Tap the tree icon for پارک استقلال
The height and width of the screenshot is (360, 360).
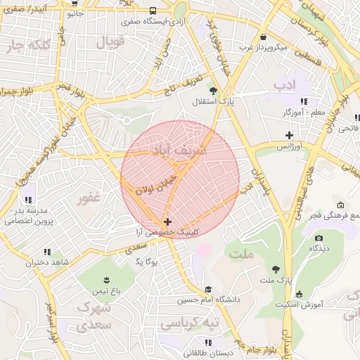coord(213,90)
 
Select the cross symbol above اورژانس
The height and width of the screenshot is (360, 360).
coord(288,135)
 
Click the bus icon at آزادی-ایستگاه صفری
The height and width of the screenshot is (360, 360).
coord(153,11)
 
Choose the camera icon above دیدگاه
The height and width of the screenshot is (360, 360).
coord(318,238)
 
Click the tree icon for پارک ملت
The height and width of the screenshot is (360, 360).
coord(276,269)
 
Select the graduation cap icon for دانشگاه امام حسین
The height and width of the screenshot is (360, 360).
coord(208,289)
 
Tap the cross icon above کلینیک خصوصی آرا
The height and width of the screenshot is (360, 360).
coord(167,221)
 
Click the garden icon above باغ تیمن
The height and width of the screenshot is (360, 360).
coord(106,278)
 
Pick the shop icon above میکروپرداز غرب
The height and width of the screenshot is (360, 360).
coord(263,37)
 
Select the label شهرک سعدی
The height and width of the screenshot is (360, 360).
coord(96,317)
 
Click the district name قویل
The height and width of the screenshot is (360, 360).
coord(109,42)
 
